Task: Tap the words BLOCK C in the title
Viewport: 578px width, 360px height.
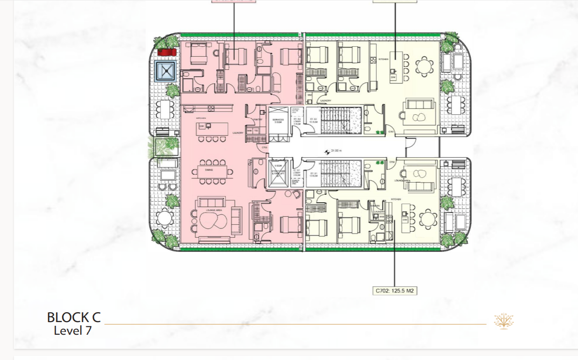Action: tap(73, 317)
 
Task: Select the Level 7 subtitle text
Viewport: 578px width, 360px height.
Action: tap(73, 331)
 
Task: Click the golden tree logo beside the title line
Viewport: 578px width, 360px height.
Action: tap(504, 321)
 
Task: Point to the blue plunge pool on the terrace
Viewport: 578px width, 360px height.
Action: tap(166, 71)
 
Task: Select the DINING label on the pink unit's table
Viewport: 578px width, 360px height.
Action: tap(209, 170)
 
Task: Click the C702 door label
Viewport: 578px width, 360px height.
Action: tap(392, 162)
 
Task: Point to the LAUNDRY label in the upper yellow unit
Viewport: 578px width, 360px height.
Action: tap(326, 101)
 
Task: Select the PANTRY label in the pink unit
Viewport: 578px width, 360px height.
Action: tap(257, 119)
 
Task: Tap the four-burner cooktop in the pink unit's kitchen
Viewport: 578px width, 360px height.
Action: tap(211, 109)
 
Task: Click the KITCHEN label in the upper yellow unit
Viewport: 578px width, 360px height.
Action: tap(384, 59)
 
